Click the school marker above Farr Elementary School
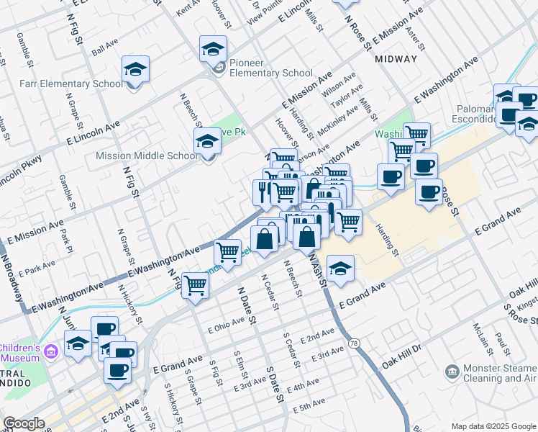(x=135, y=71)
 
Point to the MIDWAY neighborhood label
(x=396, y=59)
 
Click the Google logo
(x=24, y=423)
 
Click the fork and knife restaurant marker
(x=263, y=191)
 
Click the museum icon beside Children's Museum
(x=50, y=351)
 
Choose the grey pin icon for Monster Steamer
(x=452, y=372)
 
